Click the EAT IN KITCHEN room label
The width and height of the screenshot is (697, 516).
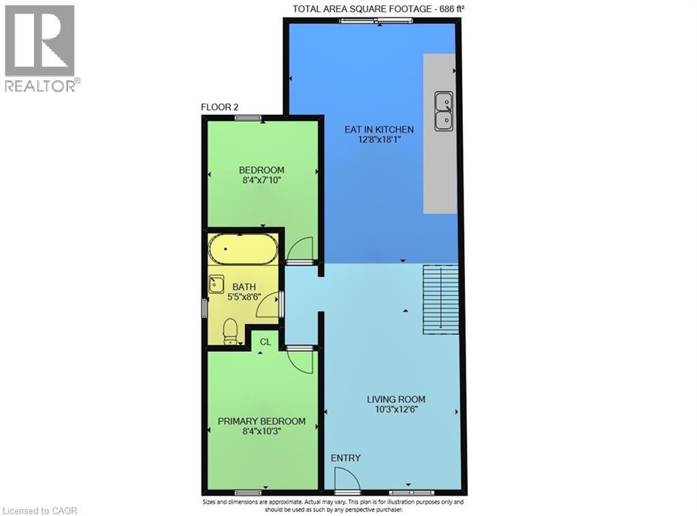[379, 129]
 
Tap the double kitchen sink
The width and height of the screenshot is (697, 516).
[444, 111]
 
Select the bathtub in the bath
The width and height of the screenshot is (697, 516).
[243, 249]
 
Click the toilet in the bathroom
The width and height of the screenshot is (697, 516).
[230, 331]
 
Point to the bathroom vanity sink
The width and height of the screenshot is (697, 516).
[216, 284]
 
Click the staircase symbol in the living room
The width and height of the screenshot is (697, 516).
[440, 299]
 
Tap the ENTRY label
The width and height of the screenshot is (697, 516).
[345, 457]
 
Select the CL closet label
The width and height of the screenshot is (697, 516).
[265, 342]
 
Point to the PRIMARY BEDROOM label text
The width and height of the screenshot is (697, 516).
[261, 421]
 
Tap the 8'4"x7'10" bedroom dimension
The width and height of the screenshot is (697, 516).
[261, 180]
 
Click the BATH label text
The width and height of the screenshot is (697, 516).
[244, 287]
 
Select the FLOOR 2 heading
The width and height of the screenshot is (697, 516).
[220, 107]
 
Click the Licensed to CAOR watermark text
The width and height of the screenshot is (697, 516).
[39, 511]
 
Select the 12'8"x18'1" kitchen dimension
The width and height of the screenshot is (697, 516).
[380, 140]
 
